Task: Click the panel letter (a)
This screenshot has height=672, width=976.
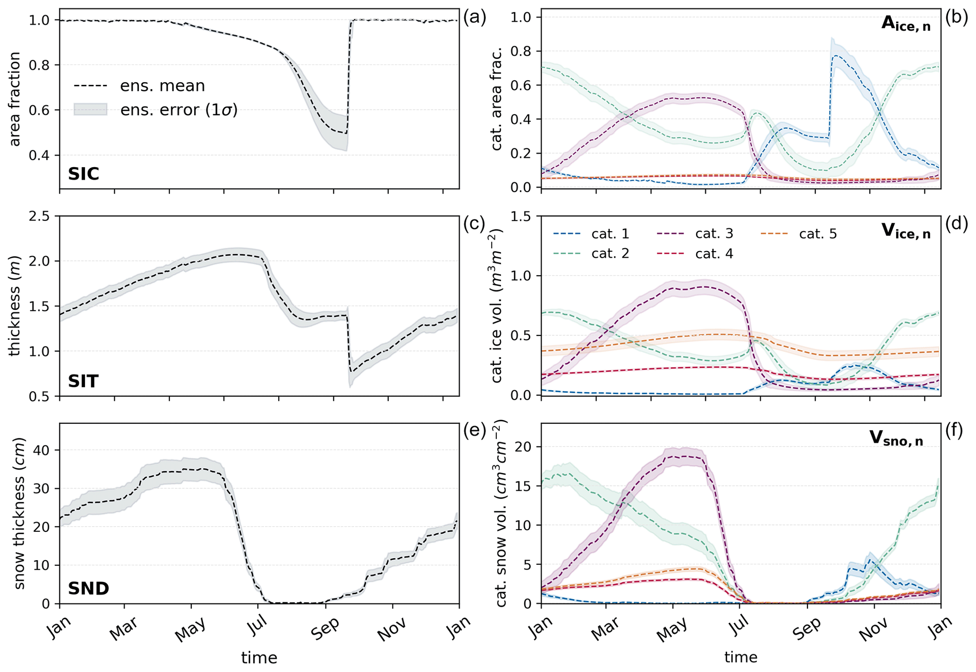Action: point(475,18)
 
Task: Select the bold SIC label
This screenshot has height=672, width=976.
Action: point(84,174)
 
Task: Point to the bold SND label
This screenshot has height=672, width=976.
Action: point(89,588)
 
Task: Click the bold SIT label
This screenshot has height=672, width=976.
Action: point(83,381)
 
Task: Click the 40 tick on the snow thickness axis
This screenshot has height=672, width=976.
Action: point(45,450)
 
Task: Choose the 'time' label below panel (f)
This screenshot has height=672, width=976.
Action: point(741,657)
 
